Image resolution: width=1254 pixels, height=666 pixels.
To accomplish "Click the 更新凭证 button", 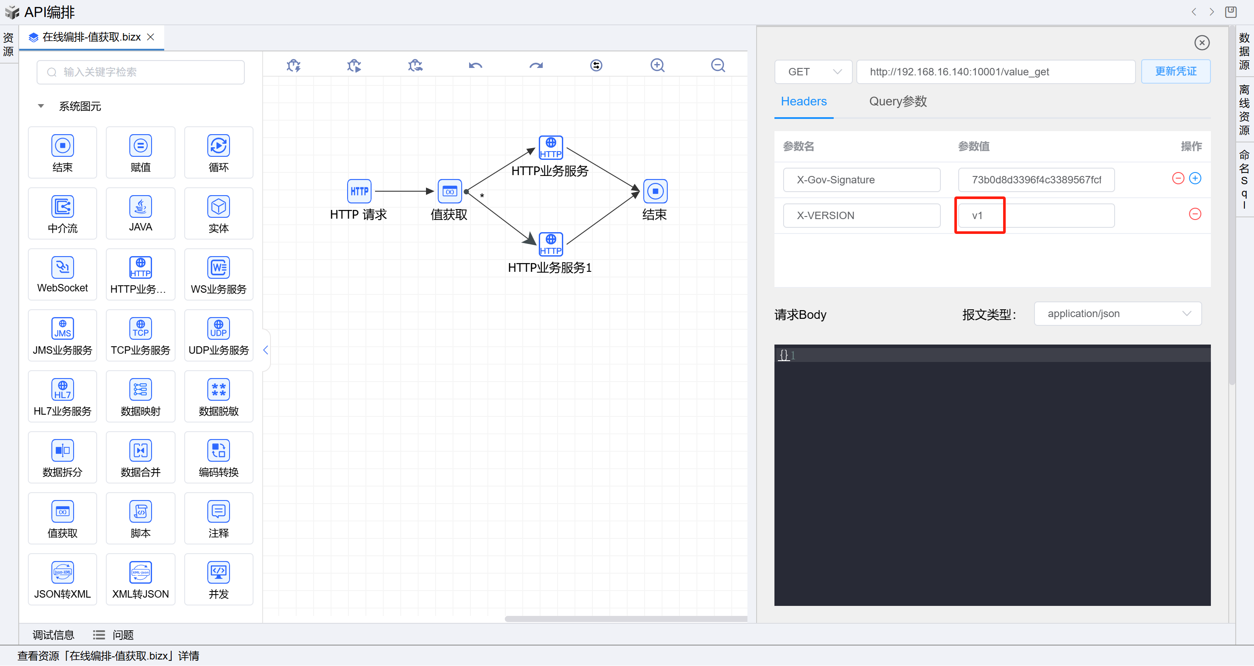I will point(1175,71).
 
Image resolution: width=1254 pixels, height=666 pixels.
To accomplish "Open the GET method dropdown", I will point(813,72).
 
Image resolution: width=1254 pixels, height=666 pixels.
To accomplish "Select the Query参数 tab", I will point(898,101).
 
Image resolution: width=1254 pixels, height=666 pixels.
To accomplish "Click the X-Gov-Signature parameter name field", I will point(861,179).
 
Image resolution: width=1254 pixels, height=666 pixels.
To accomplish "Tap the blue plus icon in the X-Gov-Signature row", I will point(1195,178).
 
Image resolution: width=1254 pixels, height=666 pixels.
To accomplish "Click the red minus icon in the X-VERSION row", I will point(1195,214).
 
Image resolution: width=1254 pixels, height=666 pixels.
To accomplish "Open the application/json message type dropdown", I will point(1117,314).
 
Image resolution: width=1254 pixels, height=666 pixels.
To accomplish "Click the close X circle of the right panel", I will point(1201,43).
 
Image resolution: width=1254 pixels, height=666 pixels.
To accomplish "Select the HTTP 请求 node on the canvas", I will point(359,191).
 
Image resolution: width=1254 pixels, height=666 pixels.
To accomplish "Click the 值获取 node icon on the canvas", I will point(450,191).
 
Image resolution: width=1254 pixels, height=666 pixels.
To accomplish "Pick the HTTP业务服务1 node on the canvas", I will point(551,244).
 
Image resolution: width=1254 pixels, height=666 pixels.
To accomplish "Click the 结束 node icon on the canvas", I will point(655,191).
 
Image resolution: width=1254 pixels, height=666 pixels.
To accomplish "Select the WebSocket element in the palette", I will point(62,274).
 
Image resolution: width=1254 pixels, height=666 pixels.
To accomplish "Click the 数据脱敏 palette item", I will point(219,396).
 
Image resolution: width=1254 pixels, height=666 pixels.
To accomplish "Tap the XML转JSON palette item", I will point(140,579).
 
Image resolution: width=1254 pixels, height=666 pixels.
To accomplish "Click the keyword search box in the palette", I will point(141,72).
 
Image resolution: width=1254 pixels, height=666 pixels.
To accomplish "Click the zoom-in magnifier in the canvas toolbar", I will point(657,65).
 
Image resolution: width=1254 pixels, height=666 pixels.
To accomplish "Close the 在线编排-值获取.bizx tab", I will point(151,37).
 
